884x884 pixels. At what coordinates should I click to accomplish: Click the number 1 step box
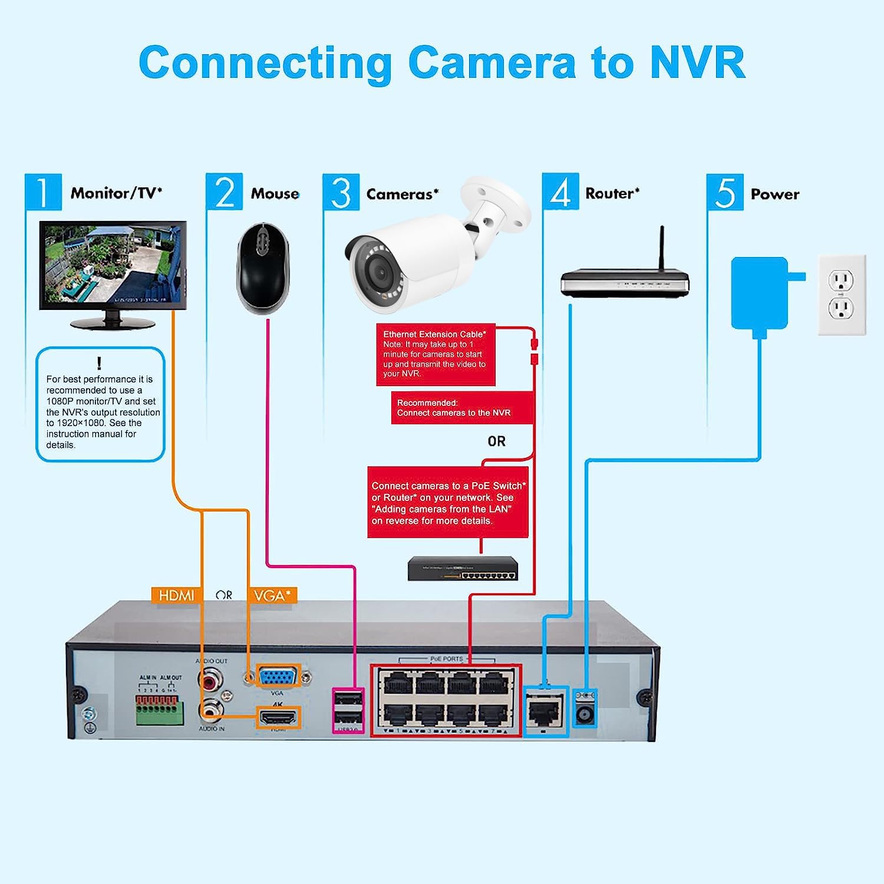click(43, 192)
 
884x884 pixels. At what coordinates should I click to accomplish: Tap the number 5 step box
click(725, 192)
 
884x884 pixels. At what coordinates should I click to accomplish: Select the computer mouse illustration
click(263, 268)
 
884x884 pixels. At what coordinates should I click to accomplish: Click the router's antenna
click(662, 248)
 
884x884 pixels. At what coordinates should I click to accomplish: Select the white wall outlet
click(842, 295)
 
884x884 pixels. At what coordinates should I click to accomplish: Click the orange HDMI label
click(176, 595)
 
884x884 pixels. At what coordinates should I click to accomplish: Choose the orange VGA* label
click(272, 595)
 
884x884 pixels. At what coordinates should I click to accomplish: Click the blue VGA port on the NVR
click(278, 677)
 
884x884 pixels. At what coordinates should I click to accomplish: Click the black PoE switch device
click(463, 569)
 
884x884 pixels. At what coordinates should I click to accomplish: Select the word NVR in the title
click(698, 62)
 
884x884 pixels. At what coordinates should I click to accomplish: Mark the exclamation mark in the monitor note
click(99, 363)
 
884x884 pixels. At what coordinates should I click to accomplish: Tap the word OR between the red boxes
click(496, 441)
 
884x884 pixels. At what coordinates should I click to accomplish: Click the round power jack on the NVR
click(585, 714)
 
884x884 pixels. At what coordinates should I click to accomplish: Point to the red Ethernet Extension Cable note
click(436, 354)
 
